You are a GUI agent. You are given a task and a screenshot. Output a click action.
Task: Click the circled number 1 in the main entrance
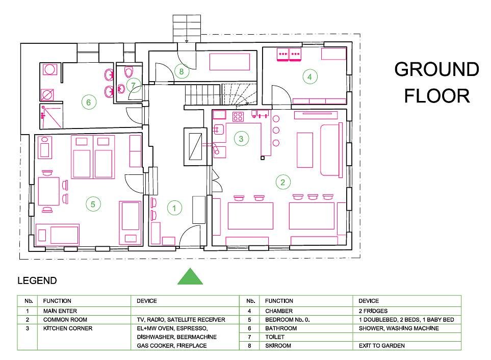pos(174,208)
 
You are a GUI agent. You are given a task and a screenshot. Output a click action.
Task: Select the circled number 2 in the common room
pos(283,182)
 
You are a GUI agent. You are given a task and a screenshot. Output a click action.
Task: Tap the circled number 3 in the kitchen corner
pos(241,139)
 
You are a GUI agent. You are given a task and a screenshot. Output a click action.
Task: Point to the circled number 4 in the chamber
pos(309,76)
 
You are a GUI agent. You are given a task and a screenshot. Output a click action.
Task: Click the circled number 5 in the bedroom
pos(93,204)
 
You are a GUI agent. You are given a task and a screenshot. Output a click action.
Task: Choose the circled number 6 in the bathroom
pos(89,102)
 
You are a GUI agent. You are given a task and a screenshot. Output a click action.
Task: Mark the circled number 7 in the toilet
pos(134,85)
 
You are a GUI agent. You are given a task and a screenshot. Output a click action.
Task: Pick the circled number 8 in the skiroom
pos(182,71)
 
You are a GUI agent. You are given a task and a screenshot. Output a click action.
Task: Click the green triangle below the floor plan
pos(190,277)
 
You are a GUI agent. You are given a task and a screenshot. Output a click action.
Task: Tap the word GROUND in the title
pos(436,69)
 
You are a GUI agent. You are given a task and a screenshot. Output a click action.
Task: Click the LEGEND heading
pos(37,280)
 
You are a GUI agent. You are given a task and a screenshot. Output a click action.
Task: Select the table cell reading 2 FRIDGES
pos(373,311)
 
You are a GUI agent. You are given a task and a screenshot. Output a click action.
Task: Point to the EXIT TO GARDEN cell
pos(382,346)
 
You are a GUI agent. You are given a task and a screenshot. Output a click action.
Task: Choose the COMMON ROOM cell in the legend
pos(65,320)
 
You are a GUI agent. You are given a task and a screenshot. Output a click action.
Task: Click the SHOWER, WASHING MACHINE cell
pos(399,328)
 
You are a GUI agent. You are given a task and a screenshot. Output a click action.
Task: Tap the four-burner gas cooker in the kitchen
pos(238,117)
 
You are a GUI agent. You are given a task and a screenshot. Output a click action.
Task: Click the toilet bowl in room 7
pos(128,72)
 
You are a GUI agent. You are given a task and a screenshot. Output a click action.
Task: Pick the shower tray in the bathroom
pos(51,116)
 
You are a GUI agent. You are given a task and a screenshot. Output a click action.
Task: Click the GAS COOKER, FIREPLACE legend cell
pos(172,346)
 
